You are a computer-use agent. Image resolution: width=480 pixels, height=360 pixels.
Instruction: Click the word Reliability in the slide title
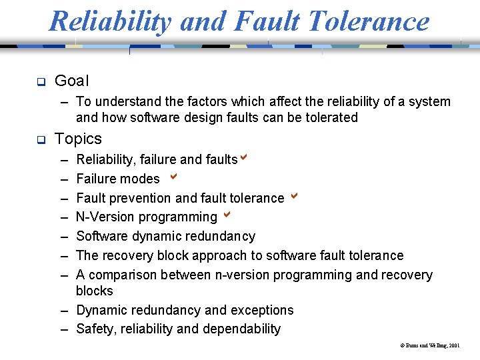pos(110,21)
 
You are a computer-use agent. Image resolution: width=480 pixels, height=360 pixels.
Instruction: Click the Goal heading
pos(71,81)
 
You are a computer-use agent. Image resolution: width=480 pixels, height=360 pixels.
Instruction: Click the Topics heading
pos(78,139)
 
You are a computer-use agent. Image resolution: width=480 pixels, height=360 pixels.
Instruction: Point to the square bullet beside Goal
pos(40,82)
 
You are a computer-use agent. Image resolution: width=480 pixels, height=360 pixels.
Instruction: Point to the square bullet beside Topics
pos(40,140)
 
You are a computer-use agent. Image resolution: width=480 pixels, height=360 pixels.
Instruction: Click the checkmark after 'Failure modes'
pos(173,177)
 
